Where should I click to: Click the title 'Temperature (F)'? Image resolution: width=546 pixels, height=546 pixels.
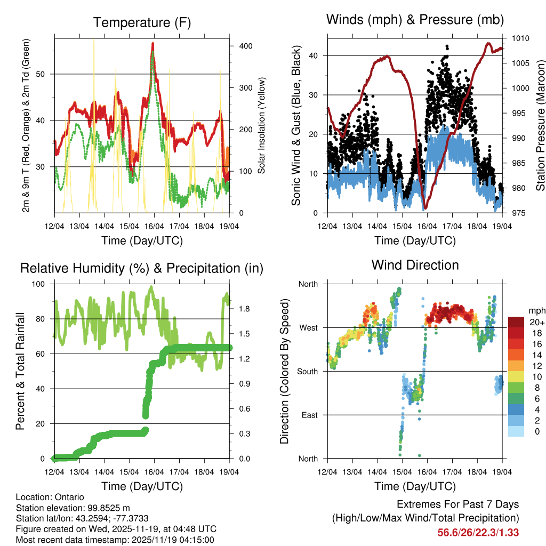tap(142, 22)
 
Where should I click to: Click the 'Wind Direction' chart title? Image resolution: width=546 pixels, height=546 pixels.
tap(415, 264)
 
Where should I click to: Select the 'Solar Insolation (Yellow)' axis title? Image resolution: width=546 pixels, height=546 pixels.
tap(262, 125)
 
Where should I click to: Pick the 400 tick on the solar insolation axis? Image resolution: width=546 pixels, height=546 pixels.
tap(246, 46)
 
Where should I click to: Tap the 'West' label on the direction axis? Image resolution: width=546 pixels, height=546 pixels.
tap(308, 327)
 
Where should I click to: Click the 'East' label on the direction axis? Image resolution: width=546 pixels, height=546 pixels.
tap(308, 415)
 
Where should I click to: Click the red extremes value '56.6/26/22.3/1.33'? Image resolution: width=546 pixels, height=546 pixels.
tap(478, 532)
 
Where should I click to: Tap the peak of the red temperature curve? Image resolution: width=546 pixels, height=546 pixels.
tap(152, 44)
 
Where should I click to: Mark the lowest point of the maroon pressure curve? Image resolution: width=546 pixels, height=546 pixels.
tap(425, 208)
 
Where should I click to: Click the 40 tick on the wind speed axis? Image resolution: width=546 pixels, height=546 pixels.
tap(315, 55)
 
